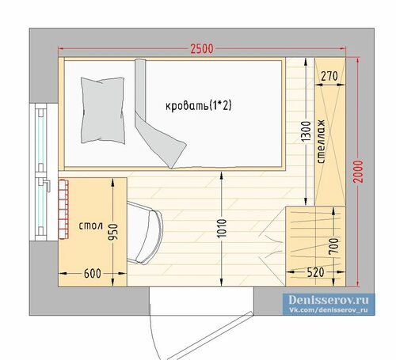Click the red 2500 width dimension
[x=202, y=49]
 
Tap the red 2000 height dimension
[x=358, y=171]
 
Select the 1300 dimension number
[x=306, y=131]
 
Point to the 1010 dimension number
[x=222, y=228]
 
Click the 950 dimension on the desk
[x=113, y=232]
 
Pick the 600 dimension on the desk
[x=93, y=274]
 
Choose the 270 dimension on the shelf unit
[x=329, y=77]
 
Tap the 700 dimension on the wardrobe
[x=333, y=246]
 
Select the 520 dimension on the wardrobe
[x=316, y=272]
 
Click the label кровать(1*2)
[x=199, y=106]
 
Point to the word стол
[x=90, y=226]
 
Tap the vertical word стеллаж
[x=322, y=142]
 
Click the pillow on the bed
[x=103, y=111]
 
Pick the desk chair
[x=145, y=233]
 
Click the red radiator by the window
[x=63, y=210]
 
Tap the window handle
[x=47, y=184]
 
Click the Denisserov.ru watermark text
[x=328, y=300]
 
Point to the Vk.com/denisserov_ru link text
[x=328, y=310]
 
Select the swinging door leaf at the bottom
[x=210, y=335]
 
